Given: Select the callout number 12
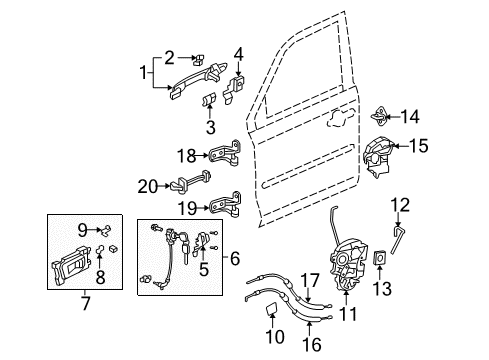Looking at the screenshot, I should pyautogui.click(x=400, y=206).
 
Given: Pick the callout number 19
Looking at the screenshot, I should pyautogui.click(x=187, y=207).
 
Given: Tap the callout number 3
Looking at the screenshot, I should pyautogui.click(x=210, y=128).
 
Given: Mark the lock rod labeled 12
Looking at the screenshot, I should pyautogui.click(x=400, y=239).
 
